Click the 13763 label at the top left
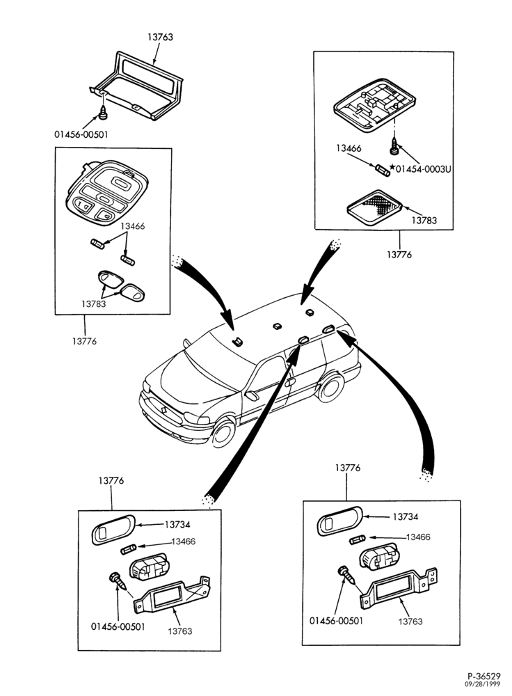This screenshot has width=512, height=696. click(160, 38)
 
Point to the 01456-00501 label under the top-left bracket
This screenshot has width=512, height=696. click(81, 134)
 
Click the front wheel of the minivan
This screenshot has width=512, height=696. click(223, 434)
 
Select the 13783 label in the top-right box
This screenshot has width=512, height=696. click(424, 220)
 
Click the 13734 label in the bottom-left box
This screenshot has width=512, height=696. click(177, 525)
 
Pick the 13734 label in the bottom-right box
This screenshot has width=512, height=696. click(405, 516)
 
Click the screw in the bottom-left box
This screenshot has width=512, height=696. click(117, 579)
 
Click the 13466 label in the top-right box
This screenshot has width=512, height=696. click(349, 149)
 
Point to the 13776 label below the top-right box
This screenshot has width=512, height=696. click(399, 255)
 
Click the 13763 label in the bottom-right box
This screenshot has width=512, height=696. click(410, 622)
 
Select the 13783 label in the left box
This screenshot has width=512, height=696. click(93, 304)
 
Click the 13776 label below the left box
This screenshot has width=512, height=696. click(84, 341)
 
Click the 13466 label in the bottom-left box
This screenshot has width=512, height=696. click(183, 541)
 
